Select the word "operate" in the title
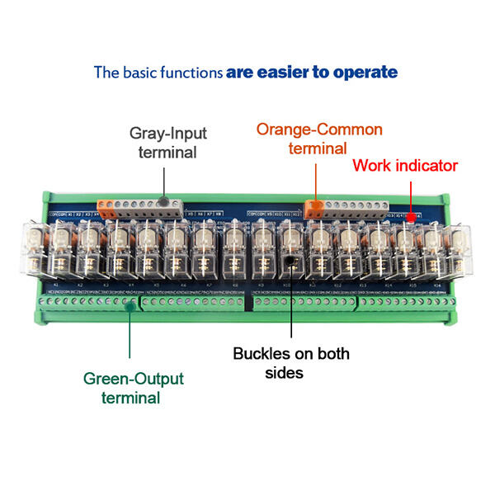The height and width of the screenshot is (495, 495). pos(367,73)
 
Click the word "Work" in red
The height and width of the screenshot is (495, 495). pos(372,165)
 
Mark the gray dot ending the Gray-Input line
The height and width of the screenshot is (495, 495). pos(164,202)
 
